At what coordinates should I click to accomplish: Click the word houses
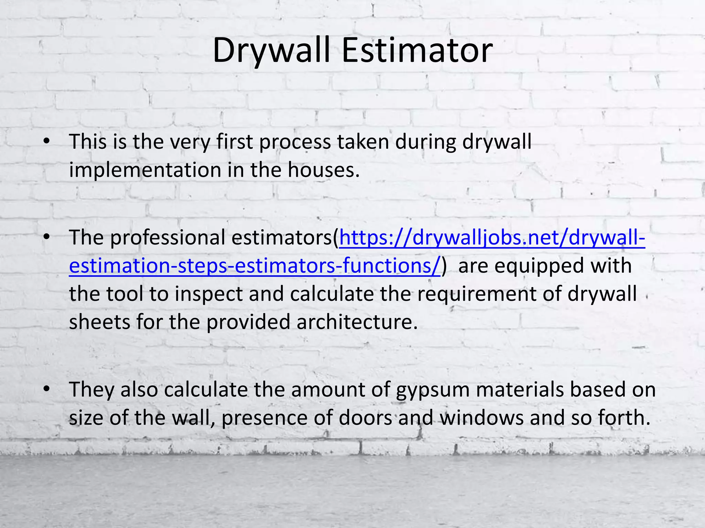tap(324, 170)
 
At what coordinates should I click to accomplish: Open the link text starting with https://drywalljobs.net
tap(492, 238)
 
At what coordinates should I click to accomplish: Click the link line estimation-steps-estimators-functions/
tap(255, 266)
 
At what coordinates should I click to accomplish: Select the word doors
tap(366, 418)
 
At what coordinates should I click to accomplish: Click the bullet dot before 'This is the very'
tap(47, 141)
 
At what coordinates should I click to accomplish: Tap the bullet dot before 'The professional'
tap(47, 237)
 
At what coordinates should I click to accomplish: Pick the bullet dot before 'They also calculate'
tap(47, 389)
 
